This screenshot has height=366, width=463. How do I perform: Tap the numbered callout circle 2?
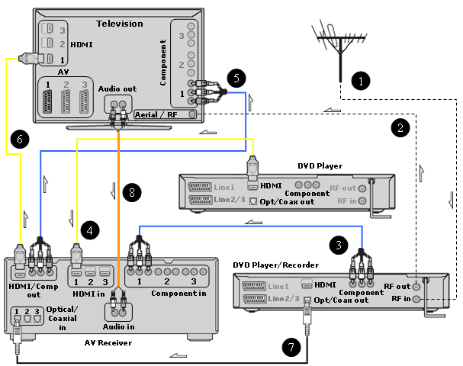point(399,127)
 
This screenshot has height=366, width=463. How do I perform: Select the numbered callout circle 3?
point(336,245)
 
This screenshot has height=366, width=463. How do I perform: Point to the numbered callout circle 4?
point(91,227)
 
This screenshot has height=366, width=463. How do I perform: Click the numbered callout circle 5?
point(237,77)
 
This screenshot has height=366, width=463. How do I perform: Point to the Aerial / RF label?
point(156,114)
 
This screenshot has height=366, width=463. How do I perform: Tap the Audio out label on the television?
point(117,88)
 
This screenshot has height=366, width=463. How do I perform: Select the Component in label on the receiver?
point(178,293)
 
